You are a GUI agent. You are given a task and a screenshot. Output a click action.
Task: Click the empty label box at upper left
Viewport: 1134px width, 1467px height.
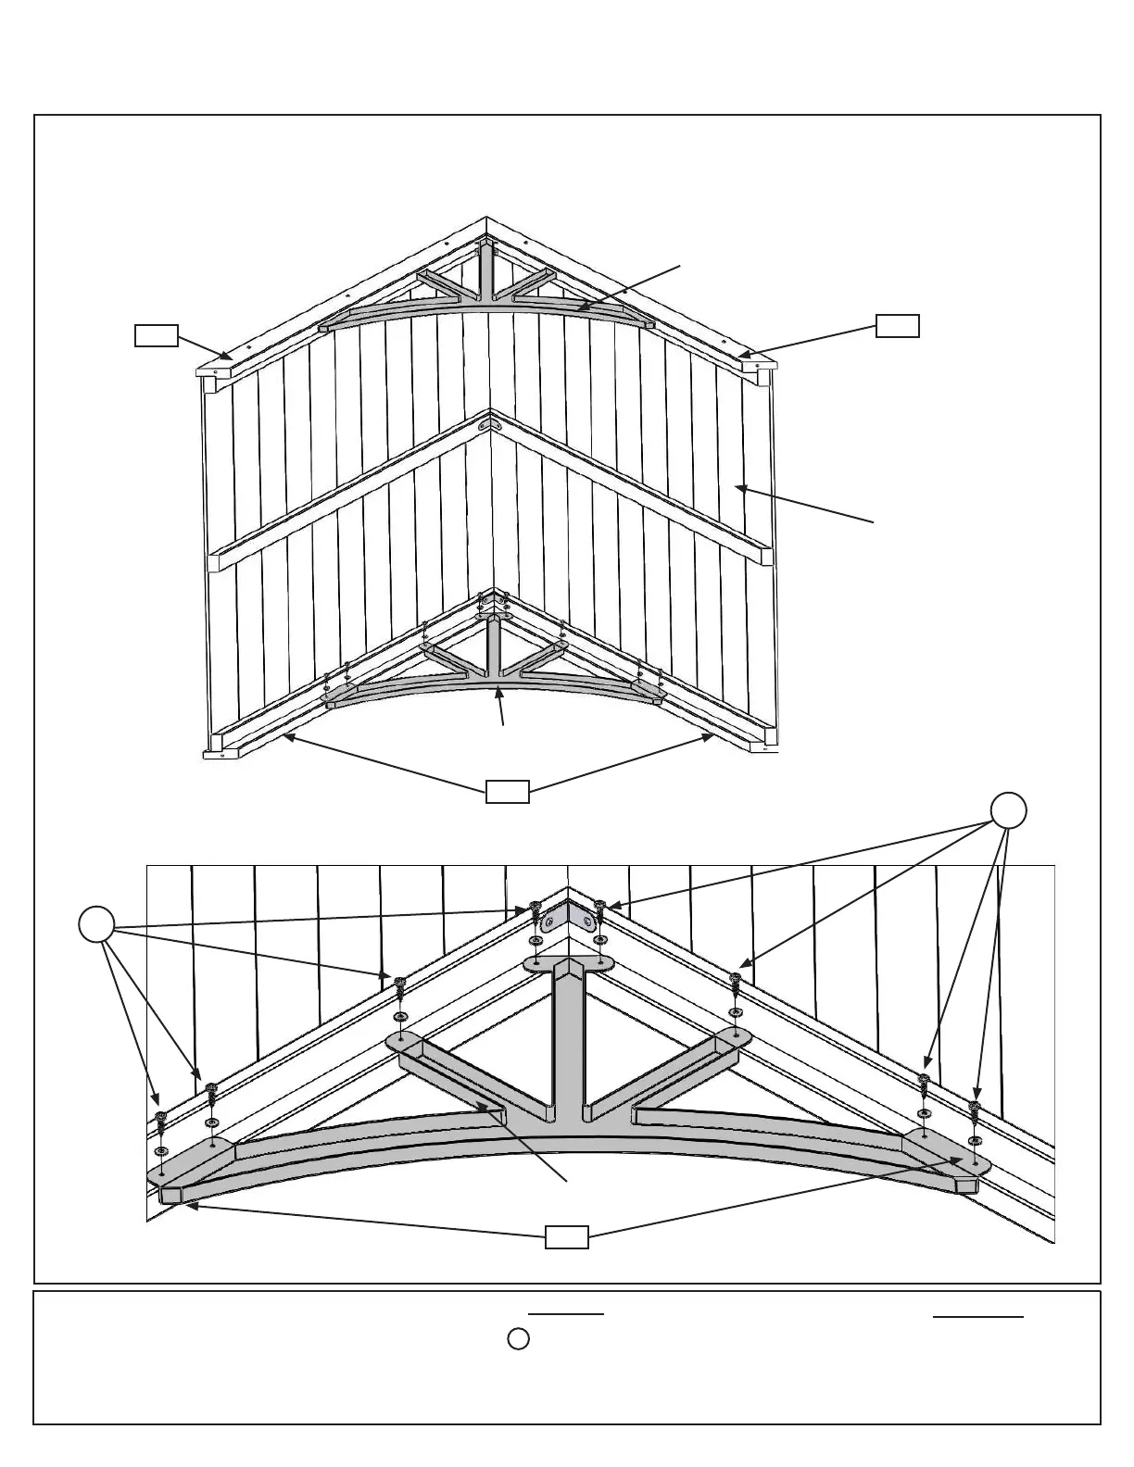pos(156,335)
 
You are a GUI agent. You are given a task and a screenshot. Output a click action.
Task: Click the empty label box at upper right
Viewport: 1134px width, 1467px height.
pos(898,326)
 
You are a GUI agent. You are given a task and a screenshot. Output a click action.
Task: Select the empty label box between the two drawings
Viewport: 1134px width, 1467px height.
pos(508,791)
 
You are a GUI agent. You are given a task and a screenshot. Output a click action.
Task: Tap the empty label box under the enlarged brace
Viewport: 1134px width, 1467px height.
pos(566,1236)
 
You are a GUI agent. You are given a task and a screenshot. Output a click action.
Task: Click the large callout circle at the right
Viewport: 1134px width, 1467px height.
pos(1008,811)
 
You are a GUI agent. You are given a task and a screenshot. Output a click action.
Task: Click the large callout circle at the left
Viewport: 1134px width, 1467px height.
pos(95,925)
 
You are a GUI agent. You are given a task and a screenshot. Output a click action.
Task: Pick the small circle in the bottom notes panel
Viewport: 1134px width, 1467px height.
pos(519,1339)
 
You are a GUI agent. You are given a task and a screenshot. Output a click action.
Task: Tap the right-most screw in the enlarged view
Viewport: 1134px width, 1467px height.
pos(974,1110)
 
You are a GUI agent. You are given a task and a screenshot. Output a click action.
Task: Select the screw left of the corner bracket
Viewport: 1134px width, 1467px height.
pos(535,909)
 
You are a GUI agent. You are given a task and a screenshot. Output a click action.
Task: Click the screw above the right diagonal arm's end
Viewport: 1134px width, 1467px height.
pos(736,981)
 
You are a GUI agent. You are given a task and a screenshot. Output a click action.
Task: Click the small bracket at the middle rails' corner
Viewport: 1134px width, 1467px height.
pos(491,425)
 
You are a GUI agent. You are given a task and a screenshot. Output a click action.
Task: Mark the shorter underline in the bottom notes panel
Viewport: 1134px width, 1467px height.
pos(565,1314)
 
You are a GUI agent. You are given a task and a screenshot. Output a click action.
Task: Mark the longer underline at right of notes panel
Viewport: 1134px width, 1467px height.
pos(977,1316)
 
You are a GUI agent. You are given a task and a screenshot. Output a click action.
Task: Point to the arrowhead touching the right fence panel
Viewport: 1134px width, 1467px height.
pos(740,487)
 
